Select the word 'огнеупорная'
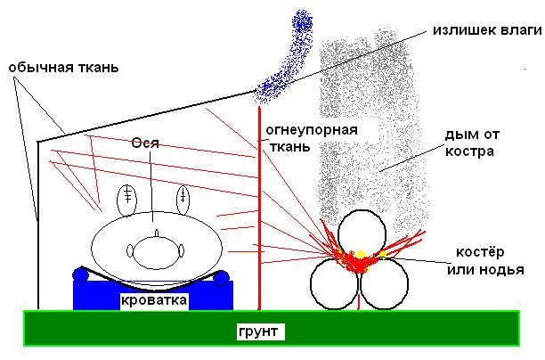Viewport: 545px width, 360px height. (311, 130)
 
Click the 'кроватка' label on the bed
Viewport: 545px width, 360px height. (154, 300)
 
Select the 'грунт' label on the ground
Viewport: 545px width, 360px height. (259, 332)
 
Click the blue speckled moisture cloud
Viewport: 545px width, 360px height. (289, 58)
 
